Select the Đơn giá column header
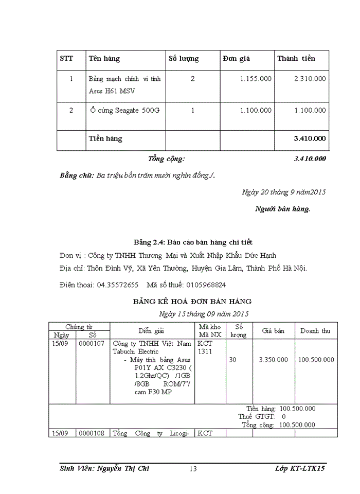point(237,59)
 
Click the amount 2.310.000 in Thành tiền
point(310,79)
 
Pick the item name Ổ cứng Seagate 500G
point(124,110)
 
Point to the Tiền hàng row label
point(105,138)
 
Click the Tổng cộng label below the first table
point(166,159)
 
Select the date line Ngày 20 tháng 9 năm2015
point(283,192)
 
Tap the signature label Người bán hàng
point(282,209)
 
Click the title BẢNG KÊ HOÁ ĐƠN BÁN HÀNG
point(192,302)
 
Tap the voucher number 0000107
point(92,344)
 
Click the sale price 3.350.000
point(273,360)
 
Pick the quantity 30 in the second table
point(232,360)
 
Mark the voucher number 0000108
point(92,434)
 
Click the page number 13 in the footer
point(193,469)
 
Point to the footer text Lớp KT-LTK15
point(300,469)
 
